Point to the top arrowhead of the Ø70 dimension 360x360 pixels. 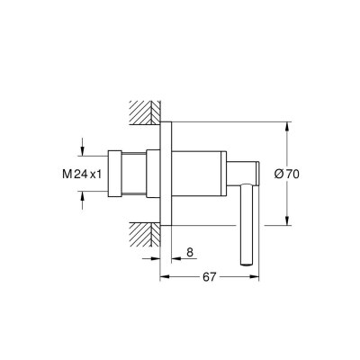pyautogui.click(x=287, y=124)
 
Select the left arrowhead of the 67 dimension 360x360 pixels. pyautogui.click(x=164, y=276)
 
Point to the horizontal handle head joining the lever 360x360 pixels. pyautogui.click(x=248, y=171)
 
